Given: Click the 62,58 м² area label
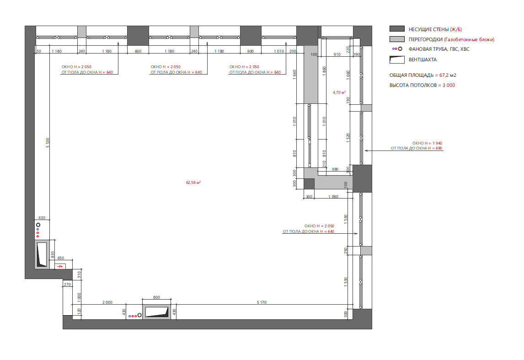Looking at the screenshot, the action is [193, 183].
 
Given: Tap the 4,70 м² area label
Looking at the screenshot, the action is [339, 92].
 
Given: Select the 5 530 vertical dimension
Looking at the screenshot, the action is [48, 143].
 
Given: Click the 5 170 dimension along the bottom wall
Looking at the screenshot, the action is [262, 302].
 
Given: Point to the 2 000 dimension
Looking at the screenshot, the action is [107, 302].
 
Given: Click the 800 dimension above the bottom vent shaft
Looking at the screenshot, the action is [156, 297].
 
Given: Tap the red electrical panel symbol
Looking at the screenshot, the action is [60, 266].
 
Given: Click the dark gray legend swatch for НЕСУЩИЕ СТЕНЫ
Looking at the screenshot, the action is [397, 29].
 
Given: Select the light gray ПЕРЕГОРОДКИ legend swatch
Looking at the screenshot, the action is [397, 39].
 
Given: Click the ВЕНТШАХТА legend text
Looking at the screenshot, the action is [422, 59].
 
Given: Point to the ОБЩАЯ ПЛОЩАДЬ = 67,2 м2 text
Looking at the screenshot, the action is [423, 75].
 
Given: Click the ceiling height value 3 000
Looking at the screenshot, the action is [449, 85].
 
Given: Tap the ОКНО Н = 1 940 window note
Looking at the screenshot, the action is [427, 143].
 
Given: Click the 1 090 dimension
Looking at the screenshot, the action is [333, 197].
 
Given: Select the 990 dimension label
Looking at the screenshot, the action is [335, 169].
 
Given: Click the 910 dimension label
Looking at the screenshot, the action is [337, 54].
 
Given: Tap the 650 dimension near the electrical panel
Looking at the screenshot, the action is [60, 258].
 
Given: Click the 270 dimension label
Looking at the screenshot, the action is [67, 285].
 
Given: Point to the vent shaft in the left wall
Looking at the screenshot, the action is [42, 254].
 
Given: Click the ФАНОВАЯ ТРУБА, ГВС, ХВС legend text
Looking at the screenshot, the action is [439, 49].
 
